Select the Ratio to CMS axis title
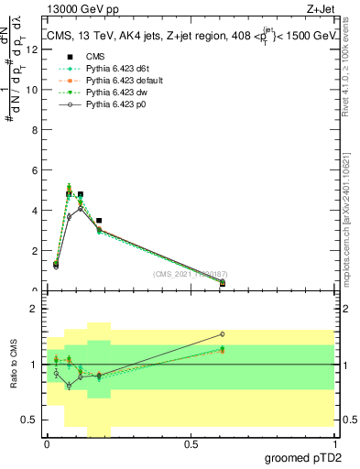pos(12,365)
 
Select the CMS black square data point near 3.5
pos(99,221)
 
